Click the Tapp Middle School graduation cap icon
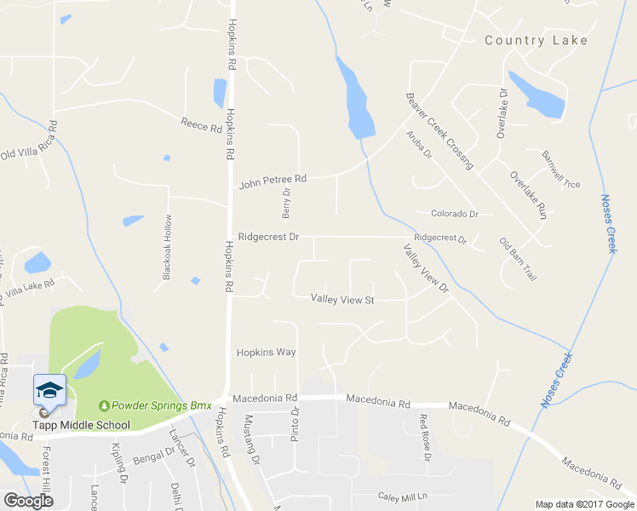click(x=49, y=390)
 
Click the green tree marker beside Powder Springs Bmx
click(x=104, y=405)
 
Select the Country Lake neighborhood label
click(x=536, y=40)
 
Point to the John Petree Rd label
click(x=273, y=181)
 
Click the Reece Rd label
click(x=201, y=124)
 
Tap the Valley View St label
click(x=342, y=300)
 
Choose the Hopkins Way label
click(x=266, y=352)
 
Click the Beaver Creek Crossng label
click(x=439, y=131)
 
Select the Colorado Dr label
click(x=455, y=214)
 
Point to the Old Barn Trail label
click(x=517, y=261)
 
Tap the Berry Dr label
click(x=286, y=203)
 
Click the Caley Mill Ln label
click(x=401, y=496)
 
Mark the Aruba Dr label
click(x=419, y=145)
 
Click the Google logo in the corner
click(x=27, y=501)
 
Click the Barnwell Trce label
click(x=560, y=169)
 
